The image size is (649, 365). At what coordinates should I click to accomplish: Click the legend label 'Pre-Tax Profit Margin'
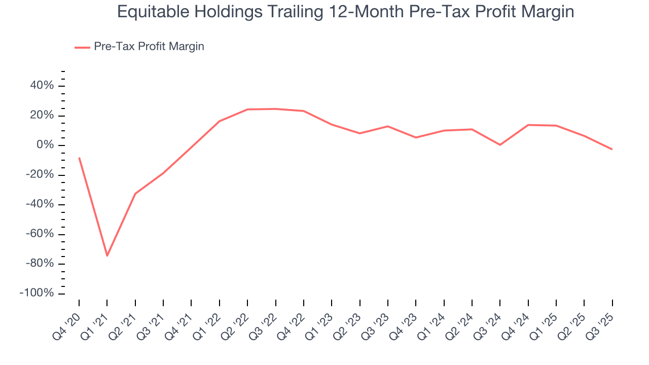point(149,47)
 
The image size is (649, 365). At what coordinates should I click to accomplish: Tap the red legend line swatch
point(82,47)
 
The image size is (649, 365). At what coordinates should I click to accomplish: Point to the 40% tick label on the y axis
point(42,86)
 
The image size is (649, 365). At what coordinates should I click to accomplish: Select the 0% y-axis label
point(45,145)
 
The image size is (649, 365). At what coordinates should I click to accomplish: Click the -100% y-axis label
point(36,294)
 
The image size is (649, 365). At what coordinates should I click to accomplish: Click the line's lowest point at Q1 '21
point(107,255)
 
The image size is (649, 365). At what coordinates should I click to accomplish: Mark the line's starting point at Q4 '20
point(79,158)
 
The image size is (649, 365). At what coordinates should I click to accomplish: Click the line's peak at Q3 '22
point(275,108)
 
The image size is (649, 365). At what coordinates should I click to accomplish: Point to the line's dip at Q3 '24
point(500,145)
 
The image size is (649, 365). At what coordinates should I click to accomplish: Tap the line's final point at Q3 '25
point(612,149)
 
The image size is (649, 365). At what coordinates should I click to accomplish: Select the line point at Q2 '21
point(135,194)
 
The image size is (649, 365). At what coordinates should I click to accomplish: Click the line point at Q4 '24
point(528,125)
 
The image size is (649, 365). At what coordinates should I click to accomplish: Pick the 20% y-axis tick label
point(42,116)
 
